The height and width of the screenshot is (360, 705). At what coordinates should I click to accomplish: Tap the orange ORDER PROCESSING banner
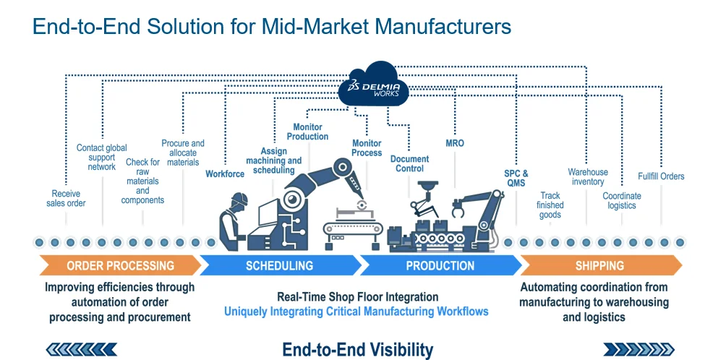tap(120, 265)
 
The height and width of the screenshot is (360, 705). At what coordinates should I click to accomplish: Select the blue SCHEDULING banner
tap(279, 265)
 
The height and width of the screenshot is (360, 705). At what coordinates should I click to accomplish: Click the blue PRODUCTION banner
tap(440, 265)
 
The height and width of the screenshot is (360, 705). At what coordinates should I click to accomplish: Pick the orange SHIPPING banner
tap(599, 265)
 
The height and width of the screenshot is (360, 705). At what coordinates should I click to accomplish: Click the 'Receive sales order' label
tap(67, 198)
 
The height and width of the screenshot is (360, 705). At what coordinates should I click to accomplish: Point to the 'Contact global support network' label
tap(101, 158)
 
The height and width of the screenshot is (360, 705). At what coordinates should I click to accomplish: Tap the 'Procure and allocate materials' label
tap(183, 153)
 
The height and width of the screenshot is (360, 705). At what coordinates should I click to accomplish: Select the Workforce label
tap(225, 174)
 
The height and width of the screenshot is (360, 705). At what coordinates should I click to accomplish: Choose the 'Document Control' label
tap(409, 163)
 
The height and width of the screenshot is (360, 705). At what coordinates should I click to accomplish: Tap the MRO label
tap(455, 143)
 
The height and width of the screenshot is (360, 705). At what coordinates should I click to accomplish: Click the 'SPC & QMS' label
tap(516, 179)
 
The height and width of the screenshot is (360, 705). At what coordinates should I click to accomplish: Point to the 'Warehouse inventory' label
tap(588, 177)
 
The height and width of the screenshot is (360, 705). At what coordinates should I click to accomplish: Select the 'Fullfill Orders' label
tap(661, 176)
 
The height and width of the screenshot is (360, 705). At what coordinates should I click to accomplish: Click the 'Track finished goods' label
tap(550, 205)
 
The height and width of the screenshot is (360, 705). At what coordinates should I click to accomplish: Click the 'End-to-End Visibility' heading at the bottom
tap(357, 350)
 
